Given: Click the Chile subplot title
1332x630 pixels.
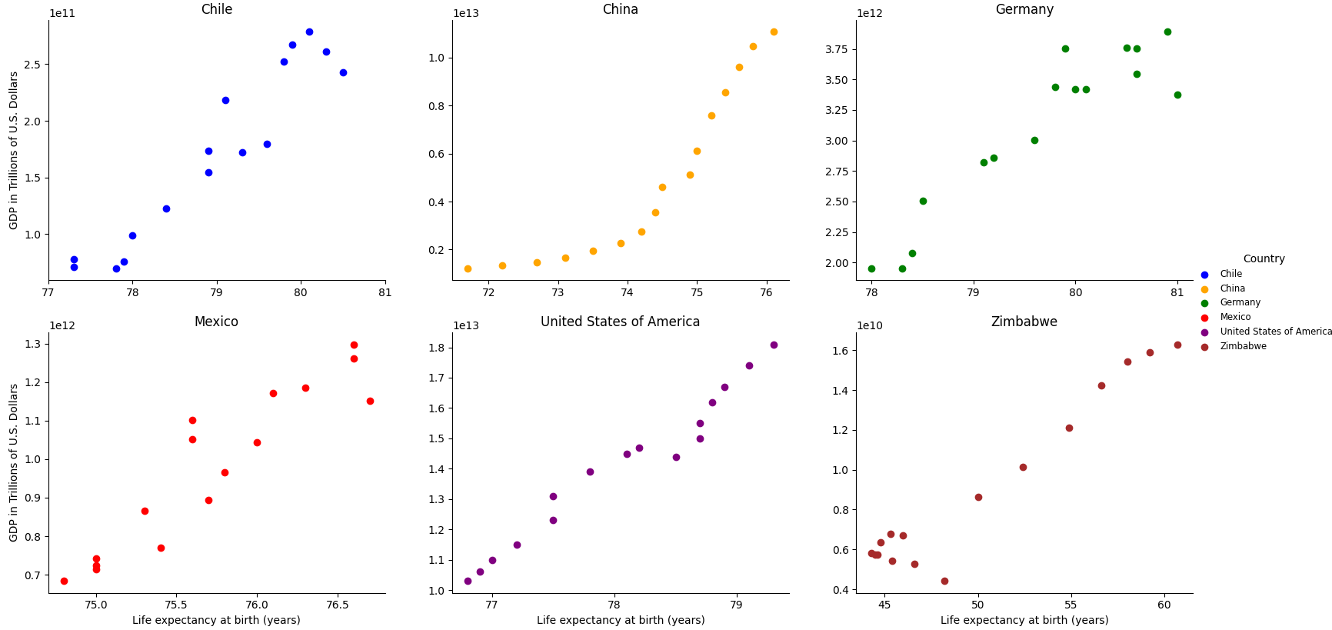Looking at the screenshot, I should point(216,9).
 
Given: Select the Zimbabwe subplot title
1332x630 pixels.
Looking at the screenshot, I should point(1024,322).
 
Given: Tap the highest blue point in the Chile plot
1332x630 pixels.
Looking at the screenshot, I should point(309,32).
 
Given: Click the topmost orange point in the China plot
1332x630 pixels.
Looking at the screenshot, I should point(774,32).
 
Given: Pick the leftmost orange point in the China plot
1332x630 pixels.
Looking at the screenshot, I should point(468,268).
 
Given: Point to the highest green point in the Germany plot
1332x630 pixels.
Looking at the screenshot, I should point(1167,32).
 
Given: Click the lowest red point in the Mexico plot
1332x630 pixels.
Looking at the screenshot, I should point(64,581).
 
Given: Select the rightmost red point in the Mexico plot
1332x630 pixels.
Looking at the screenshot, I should point(370,401).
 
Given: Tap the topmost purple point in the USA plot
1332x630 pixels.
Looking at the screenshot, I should point(774,345).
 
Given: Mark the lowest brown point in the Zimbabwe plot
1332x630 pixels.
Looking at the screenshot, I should point(944,581).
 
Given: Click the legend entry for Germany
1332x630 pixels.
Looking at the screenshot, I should point(1240,302).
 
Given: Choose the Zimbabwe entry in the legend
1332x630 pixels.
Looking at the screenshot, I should point(1243,346).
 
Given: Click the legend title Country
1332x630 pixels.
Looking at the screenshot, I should point(1264,258).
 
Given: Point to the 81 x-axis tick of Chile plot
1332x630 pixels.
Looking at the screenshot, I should point(385,292).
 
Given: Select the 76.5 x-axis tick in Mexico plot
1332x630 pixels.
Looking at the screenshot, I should point(338,605).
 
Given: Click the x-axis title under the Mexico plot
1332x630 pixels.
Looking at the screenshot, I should point(216,620).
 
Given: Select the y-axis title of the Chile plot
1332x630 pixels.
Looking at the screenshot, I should point(14,150).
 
